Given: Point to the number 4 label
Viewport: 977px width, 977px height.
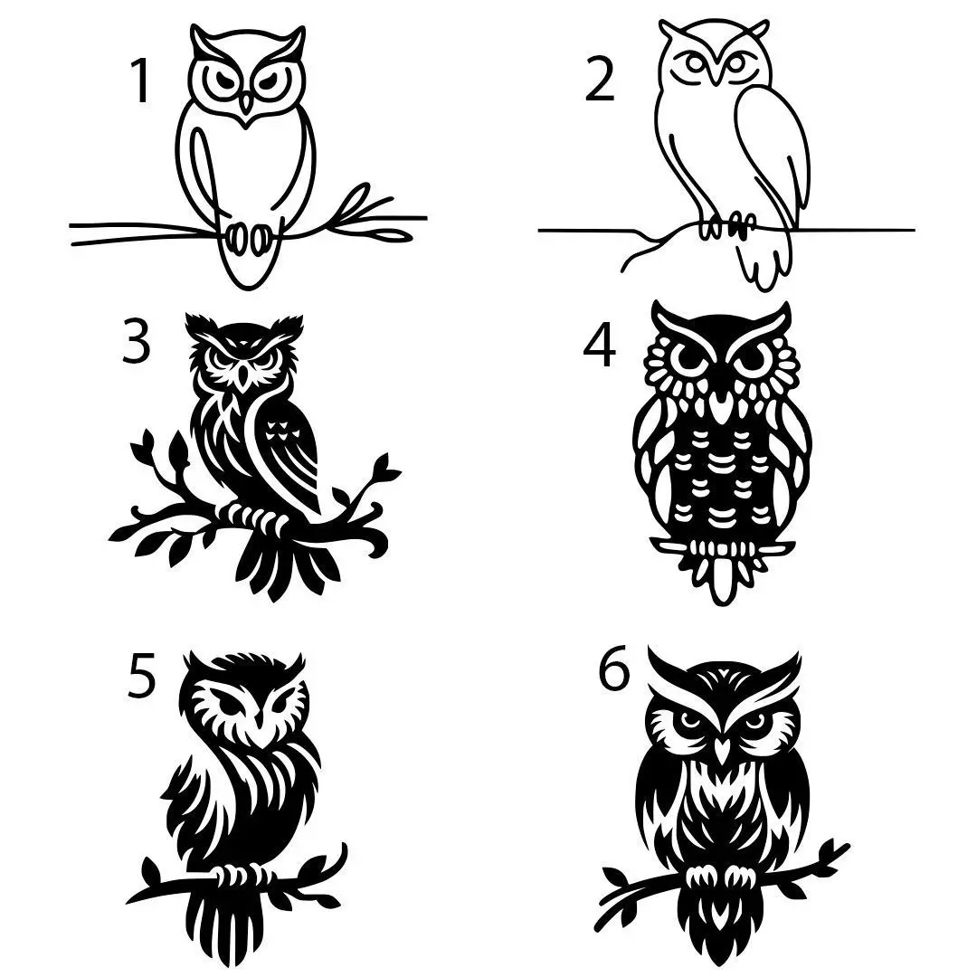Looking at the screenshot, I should [599, 347].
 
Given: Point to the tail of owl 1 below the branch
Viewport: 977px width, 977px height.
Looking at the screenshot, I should [244, 267].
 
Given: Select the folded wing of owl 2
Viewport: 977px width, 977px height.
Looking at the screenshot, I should [769, 154].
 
